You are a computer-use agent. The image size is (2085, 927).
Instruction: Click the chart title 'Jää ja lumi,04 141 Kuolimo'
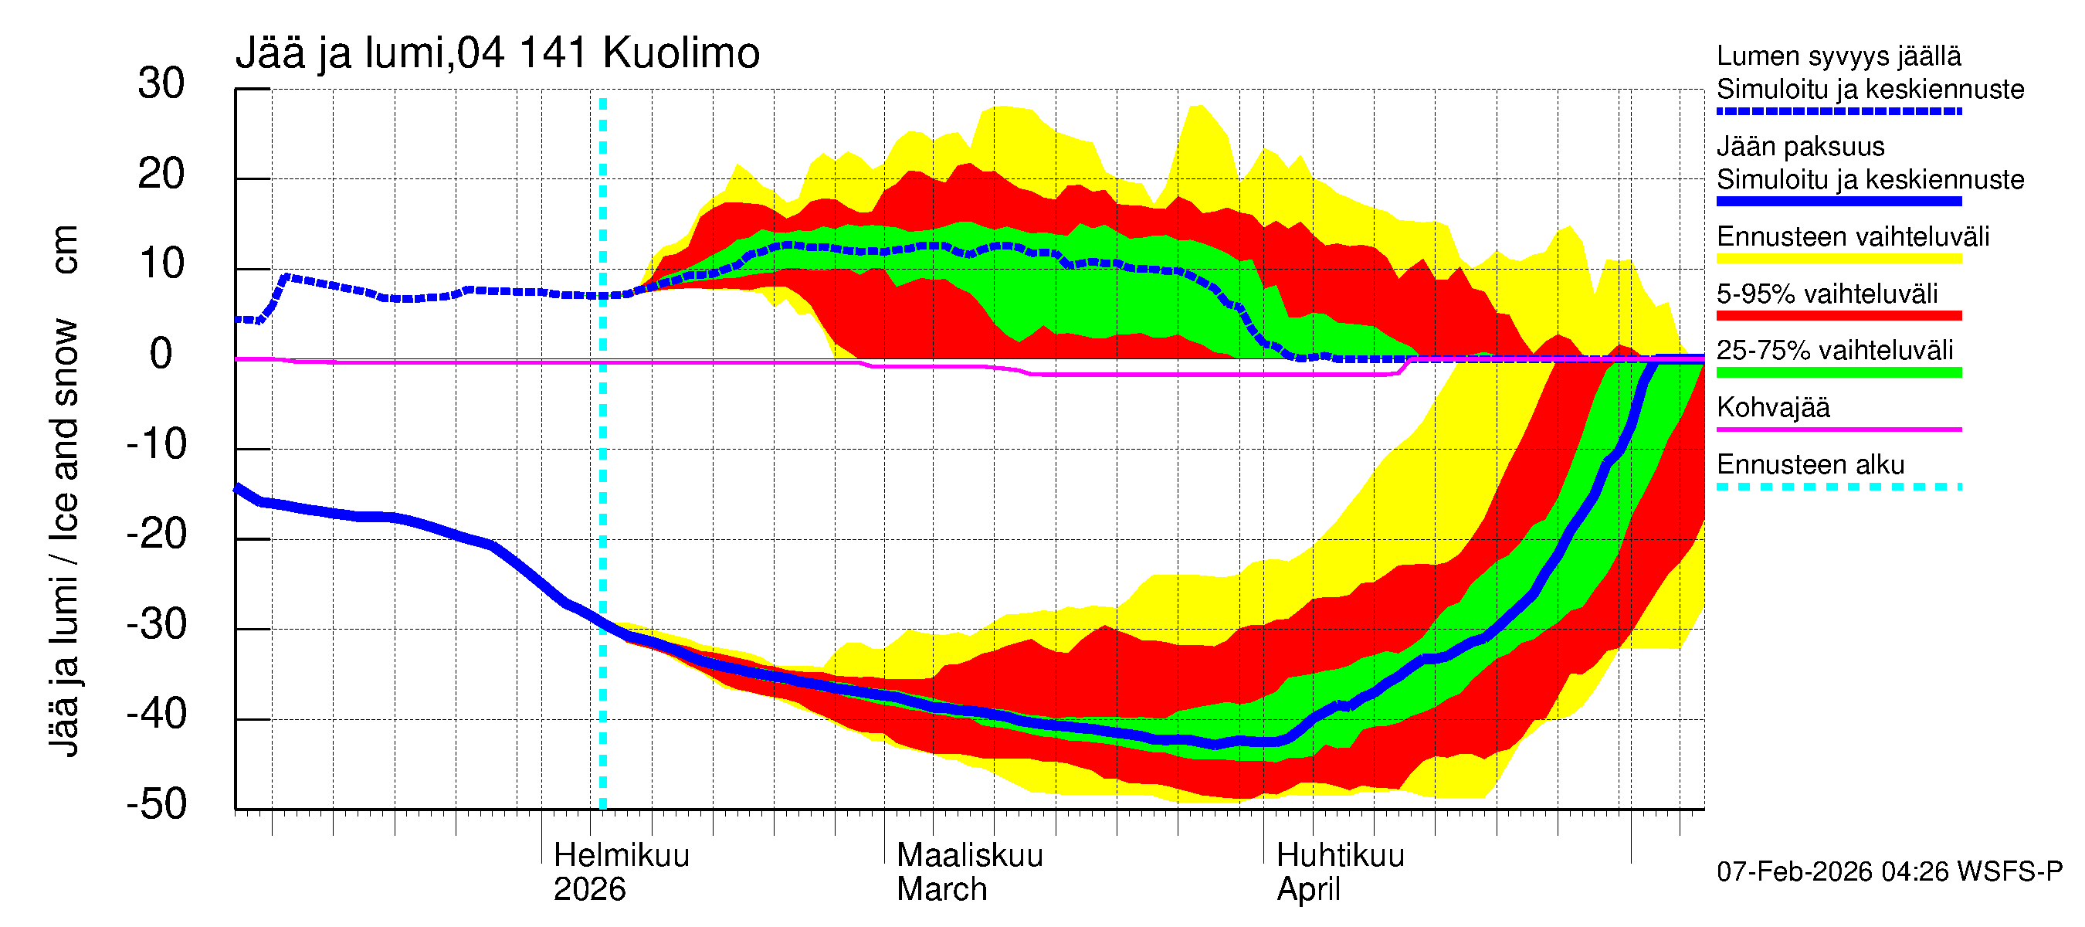pyautogui.click(x=497, y=53)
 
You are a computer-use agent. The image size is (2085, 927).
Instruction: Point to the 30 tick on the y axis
pyautogui.click(x=161, y=84)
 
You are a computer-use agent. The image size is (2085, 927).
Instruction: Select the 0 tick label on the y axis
pyautogui.click(x=161, y=355)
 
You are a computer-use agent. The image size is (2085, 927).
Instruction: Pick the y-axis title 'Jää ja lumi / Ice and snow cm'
pyautogui.click(x=63, y=491)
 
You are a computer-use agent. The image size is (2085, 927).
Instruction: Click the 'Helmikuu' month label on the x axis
pyautogui.click(x=621, y=856)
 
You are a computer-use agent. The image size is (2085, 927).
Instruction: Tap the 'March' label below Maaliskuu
pyautogui.click(x=941, y=890)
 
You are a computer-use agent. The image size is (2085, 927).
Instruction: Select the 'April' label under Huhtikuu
pyautogui.click(x=1308, y=890)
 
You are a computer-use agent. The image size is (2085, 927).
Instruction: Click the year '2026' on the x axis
pyautogui.click(x=589, y=890)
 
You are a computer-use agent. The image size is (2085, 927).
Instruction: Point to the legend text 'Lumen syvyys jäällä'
pyautogui.click(x=1839, y=56)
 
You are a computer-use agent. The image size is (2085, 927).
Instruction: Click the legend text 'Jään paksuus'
pyautogui.click(x=1800, y=147)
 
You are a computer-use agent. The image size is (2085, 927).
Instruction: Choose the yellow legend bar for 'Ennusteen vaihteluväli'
pyautogui.click(x=1839, y=259)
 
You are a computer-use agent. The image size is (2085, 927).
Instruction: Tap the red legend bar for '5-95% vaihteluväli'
pyautogui.click(x=1839, y=316)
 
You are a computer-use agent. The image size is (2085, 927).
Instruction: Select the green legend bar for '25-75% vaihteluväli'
pyautogui.click(x=1839, y=372)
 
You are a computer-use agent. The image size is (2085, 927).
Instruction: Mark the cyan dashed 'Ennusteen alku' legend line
pyautogui.click(x=1839, y=487)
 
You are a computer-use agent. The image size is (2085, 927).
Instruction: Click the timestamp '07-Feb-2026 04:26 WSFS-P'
pyautogui.click(x=1889, y=872)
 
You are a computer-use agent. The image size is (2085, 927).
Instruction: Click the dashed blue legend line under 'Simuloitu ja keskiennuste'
pyautogui.click(x=1839, y=112)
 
